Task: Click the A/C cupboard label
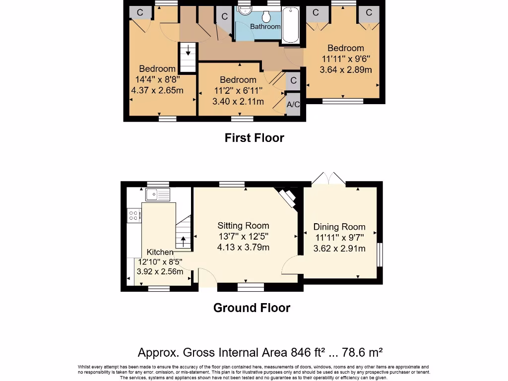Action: pyautogui.click(x=293, y=104)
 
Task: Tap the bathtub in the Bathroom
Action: pyautogui.click(x=291, y=25)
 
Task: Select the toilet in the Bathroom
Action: pyautogui.click(x=266, y=16)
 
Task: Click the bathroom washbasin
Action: pyautogui.click(x=246, y=10)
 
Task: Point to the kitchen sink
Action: pyautogui.click(x=158, y=194)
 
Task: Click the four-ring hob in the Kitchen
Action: pyautogui.click(x=134, y=215)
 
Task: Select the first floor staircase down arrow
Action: pyautogui.click(x=188, y=51)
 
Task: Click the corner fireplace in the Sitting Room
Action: pyautogui.click(x=287, y=197)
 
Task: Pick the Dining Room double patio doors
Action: pyautogui.click(x=329, y=179)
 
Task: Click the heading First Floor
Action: pyautogui.click(x=254, y=138)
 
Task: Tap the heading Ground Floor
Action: pyautogui.click(x=252, y=308)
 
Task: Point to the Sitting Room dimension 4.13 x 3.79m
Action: pyautogui.click(x=243, y=247)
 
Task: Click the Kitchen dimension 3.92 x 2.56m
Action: pyautogui.click(x=160, y=271)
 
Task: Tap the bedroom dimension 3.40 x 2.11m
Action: pyautogui.click(x=238, y=101)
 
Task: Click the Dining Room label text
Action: pyautogui.click(x=339, y=227)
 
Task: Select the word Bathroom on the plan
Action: pyautogui.click(x=265, y=27)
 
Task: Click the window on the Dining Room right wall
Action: pyautogui.click(x=380, y=254)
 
